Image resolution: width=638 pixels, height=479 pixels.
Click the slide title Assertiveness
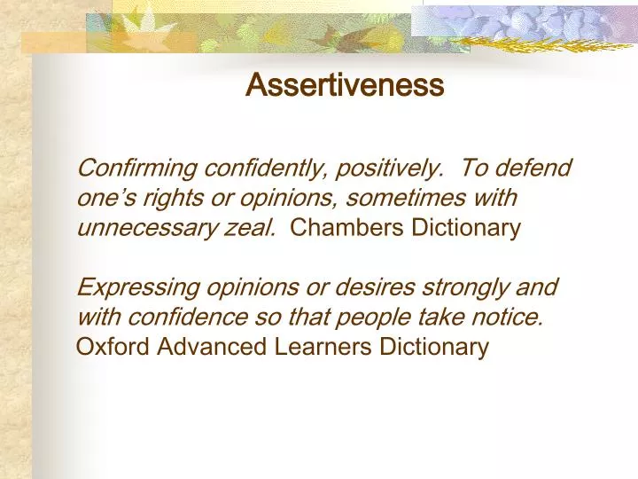coord(344,85)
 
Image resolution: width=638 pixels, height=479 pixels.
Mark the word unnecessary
coord(144,228)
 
